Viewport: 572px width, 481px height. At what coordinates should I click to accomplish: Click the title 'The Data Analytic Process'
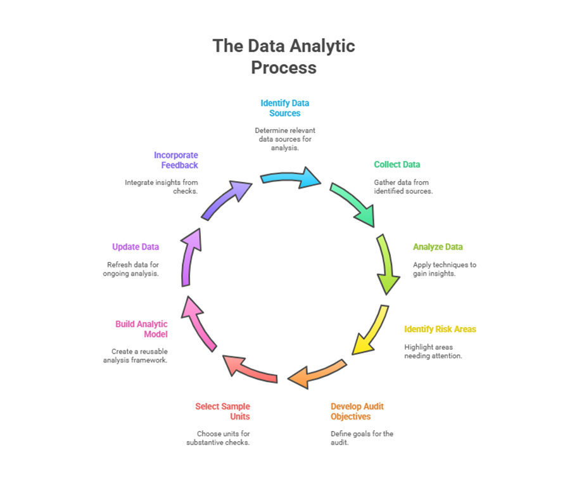(x=284, y=56)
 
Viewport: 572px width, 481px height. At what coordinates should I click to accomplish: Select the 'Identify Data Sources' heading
(x=284, y=108)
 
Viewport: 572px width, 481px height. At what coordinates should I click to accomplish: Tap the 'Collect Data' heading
(x=397, y=165)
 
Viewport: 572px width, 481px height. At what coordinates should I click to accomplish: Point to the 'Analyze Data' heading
(x=438, y=247)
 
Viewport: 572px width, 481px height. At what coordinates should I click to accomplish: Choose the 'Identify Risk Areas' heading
(x=440, y=330)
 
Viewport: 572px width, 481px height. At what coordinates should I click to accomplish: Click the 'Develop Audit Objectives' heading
(x=357, y=411)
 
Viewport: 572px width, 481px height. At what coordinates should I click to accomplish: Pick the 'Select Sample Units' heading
(x=222, y=411)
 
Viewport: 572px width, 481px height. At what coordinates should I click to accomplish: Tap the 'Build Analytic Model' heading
(x=141, y=329)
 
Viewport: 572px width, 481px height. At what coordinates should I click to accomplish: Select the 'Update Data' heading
(x=136, y=247)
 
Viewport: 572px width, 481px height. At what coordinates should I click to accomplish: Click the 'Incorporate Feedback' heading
(x=175, y=160)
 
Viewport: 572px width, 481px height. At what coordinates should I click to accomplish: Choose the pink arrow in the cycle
(x=199, y=324)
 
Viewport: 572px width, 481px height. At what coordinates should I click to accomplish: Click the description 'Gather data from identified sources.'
(x=403, y=186)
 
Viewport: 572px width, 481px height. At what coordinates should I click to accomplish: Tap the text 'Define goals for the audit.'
(x=362, y=438)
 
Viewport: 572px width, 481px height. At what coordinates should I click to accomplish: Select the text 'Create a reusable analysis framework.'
(x=135, y=356)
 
